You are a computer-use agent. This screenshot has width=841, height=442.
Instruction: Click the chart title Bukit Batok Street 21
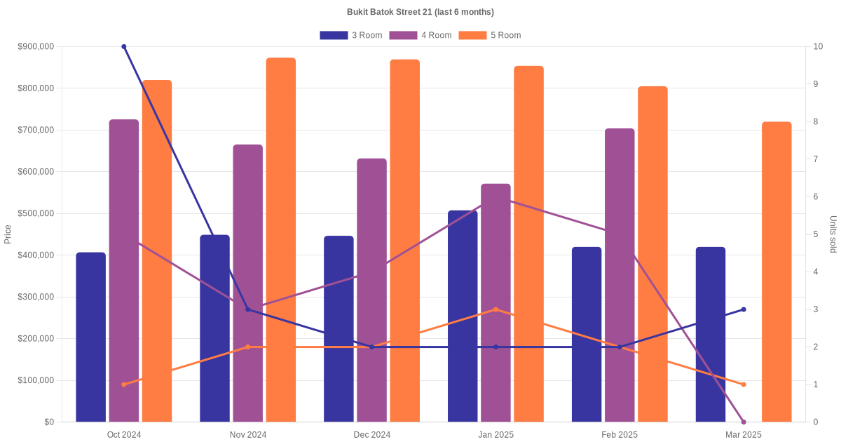point(420,12)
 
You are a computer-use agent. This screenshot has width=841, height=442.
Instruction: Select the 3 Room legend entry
point(350,35)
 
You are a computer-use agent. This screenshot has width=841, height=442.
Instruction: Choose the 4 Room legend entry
point(420,35)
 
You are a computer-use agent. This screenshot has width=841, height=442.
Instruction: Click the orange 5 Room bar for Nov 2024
point(281,239)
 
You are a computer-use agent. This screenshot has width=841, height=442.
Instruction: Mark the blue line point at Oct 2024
point(124,47)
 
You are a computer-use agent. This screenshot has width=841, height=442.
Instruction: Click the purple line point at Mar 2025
point(744,422)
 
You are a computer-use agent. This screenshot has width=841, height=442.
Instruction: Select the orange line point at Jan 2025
point(495,309)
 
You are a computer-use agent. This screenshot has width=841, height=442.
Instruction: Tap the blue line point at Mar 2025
point(744,309)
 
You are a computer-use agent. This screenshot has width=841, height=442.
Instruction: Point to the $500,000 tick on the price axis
point(36,213)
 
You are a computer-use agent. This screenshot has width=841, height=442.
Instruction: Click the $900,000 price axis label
point(36,47)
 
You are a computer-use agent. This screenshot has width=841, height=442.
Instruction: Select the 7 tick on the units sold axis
point(816,159)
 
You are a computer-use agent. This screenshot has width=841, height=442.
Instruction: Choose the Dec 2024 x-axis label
point(372,435)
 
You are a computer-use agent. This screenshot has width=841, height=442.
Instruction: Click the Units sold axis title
point(833,234)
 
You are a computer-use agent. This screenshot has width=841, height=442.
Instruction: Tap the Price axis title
point(8,234)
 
